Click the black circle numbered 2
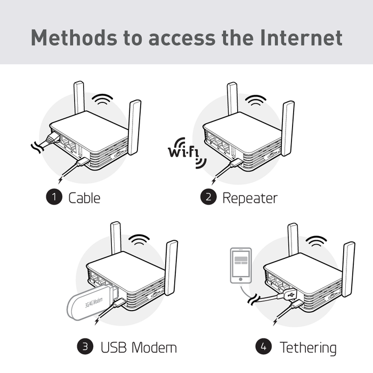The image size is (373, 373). pos(208,198)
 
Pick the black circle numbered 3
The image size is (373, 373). pos(86,348)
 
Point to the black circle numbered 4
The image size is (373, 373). pos(264,348)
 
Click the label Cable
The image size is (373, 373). pos(84,198)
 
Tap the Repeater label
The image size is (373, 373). pos(250,198)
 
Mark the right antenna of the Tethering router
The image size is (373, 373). pos(348,269)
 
